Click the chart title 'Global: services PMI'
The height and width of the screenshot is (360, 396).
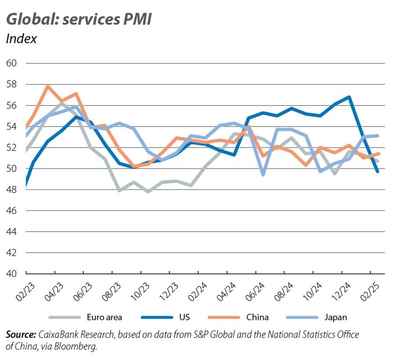(79, 19)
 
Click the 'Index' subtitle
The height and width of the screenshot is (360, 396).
(21, 39)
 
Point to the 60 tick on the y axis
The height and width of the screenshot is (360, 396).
(11, 63)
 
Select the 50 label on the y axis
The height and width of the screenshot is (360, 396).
(11, 169)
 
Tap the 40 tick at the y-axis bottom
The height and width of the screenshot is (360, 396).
(11, 274)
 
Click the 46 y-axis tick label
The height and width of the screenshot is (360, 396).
(11, 211)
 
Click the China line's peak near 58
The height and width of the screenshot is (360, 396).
(48, 86)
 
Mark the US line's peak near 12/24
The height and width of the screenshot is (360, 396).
(349, 97)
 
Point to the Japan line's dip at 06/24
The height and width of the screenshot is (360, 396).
(263, 175)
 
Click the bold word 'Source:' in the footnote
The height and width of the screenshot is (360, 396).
(21, 335)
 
